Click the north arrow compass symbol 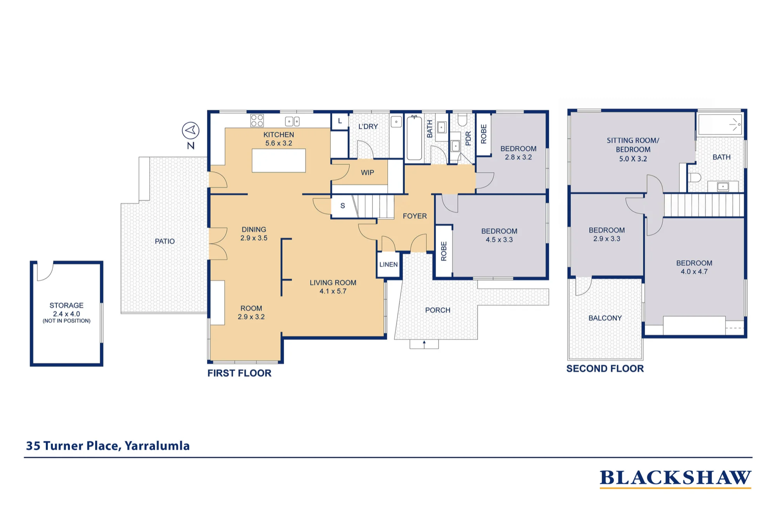pos(191,131)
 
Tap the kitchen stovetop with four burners pos(257,120)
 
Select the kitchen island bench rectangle pos(279,160)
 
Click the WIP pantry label pos(368,173)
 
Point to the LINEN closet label pos(388,264)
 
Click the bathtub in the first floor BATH pos(414,138)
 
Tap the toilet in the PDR pos(462,120)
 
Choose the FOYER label pos(415,216)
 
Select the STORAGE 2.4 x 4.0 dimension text pos(66,314)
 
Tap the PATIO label pos(165,241)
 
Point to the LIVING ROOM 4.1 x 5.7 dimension pos(333,291)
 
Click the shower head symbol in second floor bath pos(735,124)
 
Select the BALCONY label pos(605,318)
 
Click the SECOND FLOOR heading pos(605,369)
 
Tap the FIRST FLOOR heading pos(239,373)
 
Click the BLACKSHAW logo pos(676,478)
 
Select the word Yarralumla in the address pos(157,446)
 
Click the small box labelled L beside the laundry pos(340,121)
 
